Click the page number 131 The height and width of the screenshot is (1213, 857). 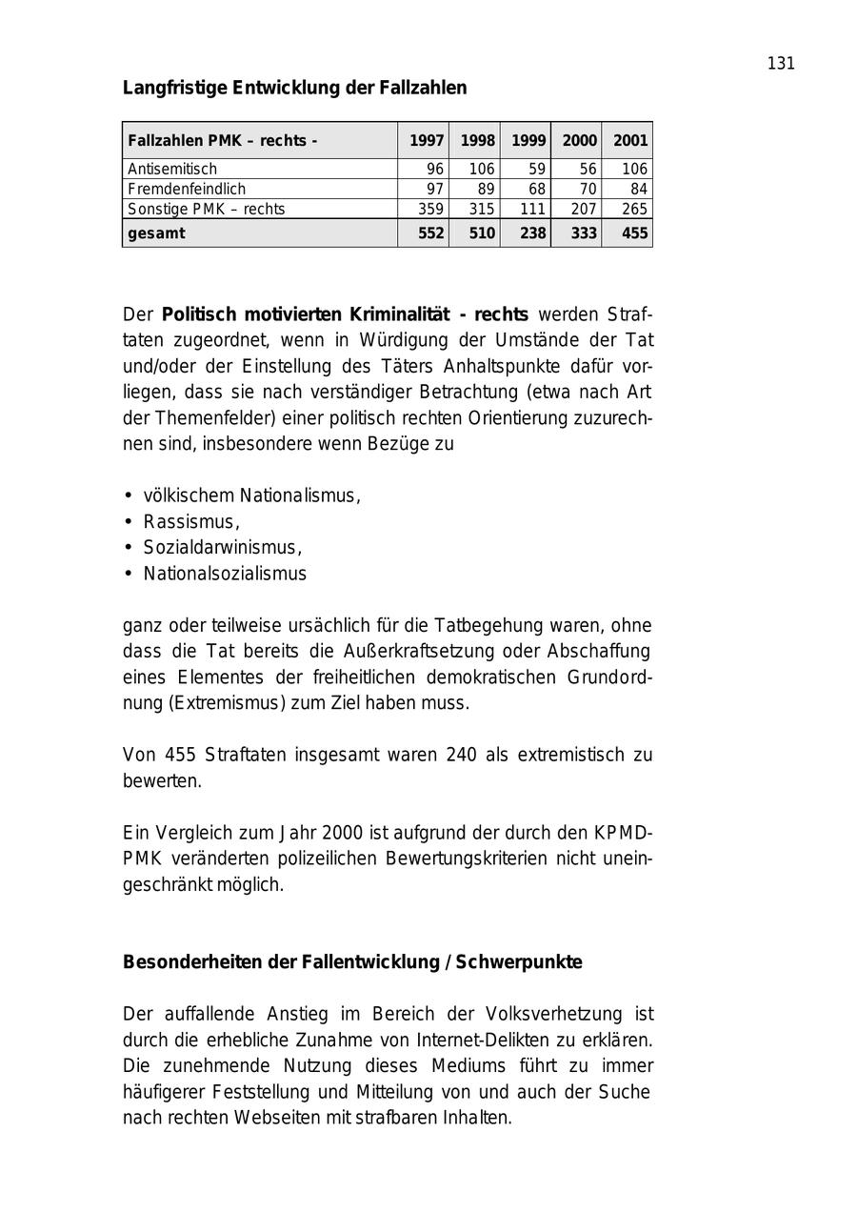780,64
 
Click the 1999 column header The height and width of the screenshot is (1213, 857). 528,141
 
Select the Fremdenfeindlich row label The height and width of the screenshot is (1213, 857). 187,189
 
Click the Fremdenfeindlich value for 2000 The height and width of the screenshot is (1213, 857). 587,189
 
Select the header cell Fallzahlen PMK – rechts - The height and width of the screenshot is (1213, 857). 222,141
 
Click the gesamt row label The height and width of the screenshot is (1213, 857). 156,233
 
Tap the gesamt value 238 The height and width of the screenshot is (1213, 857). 532,233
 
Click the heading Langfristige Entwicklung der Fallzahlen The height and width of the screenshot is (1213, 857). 294,88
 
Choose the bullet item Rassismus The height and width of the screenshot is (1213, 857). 190,522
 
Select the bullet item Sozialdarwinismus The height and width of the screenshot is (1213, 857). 222,548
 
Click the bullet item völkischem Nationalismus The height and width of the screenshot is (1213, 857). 251,495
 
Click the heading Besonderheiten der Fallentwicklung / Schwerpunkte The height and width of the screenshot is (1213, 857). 352,962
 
